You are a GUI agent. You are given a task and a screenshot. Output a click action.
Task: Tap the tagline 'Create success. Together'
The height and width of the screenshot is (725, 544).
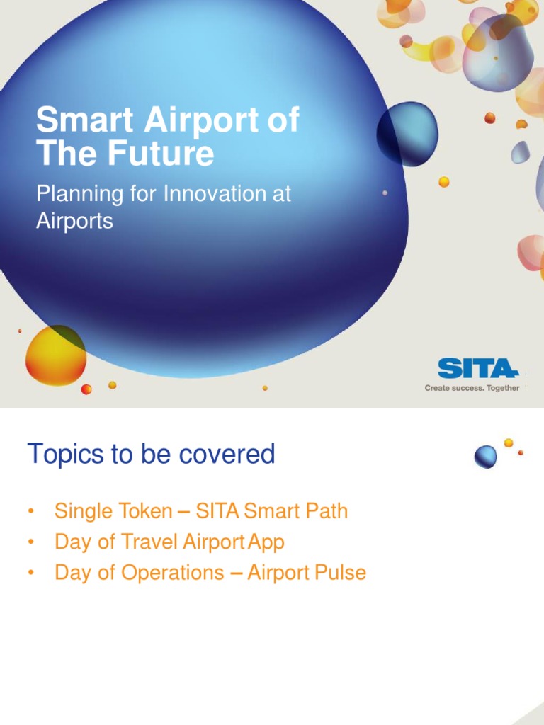click(x=472, y=388)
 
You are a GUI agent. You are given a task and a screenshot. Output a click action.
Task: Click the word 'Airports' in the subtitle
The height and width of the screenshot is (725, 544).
click(x=74, y=221)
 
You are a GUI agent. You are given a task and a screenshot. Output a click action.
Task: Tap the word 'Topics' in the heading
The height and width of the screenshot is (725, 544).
click(x=64, y=454)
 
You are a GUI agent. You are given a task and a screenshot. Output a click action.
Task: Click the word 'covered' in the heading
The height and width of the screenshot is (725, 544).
click(x=227, y=454)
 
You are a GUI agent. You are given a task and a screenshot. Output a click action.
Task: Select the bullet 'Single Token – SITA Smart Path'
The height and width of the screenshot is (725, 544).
click(x=201, y=510)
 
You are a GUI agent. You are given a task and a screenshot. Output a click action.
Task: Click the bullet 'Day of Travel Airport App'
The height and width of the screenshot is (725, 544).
click(x=169, y=542)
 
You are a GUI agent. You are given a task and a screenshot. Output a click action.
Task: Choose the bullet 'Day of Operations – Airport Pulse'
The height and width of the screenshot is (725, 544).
click(x=210, y=572)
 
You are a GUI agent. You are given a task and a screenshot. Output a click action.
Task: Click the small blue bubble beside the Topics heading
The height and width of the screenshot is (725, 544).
click(x=485, y=457)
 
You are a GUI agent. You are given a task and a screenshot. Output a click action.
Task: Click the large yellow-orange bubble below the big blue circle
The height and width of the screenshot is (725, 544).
click(x=55, y=355)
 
